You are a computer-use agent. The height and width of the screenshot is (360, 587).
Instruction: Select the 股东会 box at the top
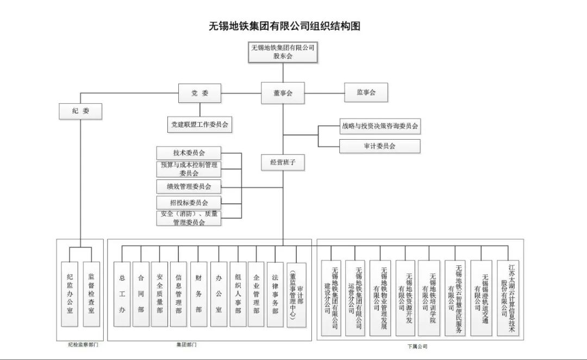283,52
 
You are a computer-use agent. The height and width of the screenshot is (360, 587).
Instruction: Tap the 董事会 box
283,93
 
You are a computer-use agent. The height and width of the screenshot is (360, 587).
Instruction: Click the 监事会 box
366,92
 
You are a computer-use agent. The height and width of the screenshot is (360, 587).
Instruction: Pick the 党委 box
199,93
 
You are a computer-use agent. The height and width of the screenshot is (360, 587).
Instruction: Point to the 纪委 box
80,111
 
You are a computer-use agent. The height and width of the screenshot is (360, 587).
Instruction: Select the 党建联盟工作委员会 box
199,125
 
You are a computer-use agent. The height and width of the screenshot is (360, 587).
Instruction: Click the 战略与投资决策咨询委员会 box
380,126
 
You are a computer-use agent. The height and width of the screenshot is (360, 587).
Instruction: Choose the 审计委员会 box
380,146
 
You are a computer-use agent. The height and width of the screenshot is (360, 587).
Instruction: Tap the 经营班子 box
283,162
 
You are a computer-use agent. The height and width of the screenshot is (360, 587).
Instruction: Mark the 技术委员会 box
189,153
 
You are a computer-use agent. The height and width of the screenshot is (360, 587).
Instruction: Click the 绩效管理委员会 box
189,187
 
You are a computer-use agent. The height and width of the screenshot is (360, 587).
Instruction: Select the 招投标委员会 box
189,203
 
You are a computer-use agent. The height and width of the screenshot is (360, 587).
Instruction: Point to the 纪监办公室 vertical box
70,294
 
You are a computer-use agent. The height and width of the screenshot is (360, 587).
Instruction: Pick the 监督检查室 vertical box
91,294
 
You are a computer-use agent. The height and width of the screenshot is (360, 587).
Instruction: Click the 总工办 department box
122,294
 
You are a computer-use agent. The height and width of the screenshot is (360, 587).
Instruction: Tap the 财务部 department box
198,294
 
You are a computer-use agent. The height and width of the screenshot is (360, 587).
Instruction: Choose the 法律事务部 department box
275,294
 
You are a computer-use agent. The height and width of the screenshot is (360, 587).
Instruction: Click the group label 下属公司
418,346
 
